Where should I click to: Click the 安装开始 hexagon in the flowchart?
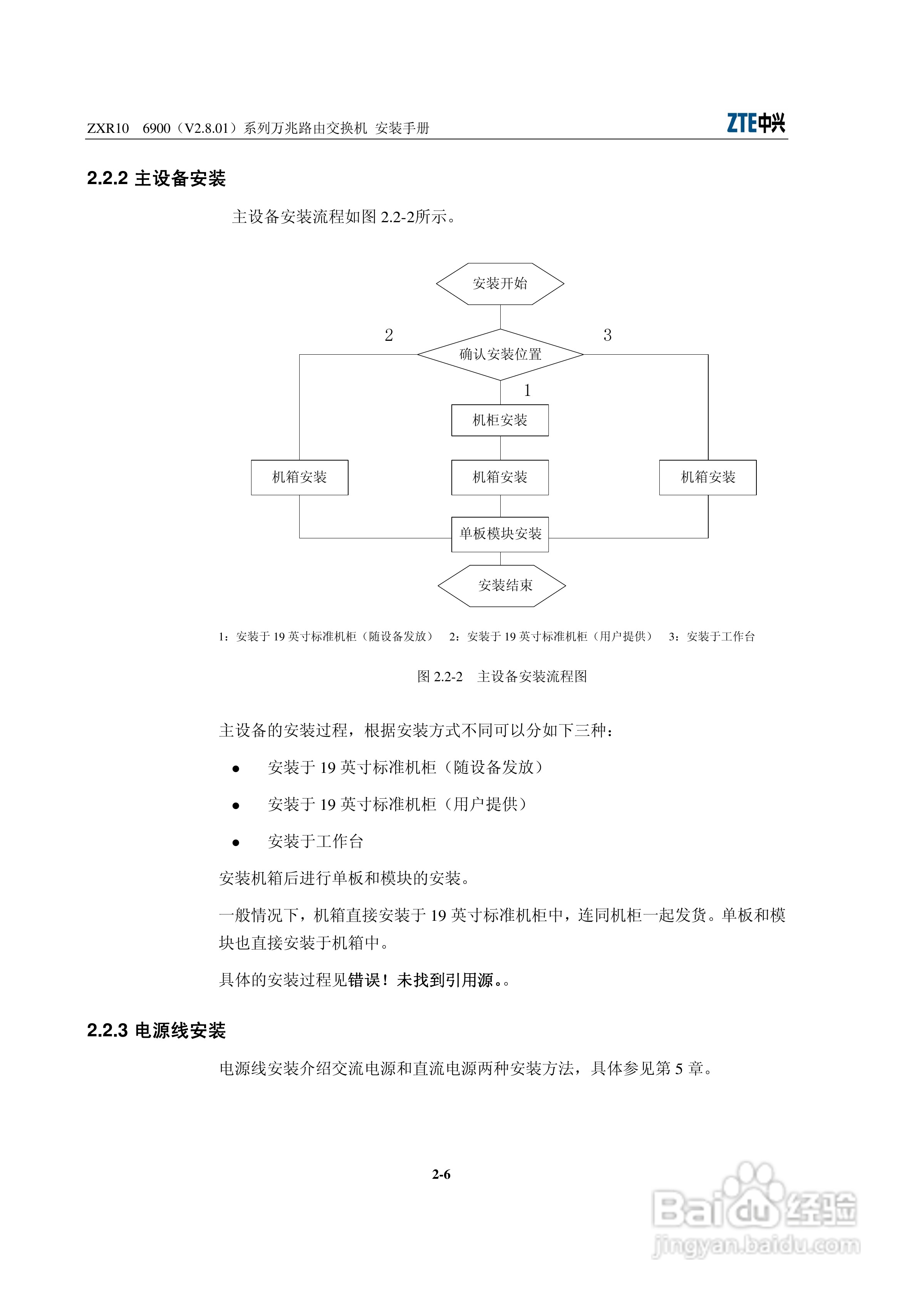(x=500, y=283)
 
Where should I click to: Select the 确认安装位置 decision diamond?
(x=500, y=355)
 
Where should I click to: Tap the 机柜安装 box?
(x=500, y=420)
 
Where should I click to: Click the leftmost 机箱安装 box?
(x=300, y=478)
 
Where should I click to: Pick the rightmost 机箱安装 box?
(x=707, y=478)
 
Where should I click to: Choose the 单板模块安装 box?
(x=500, y=534)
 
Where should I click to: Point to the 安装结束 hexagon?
(x=502, y=586)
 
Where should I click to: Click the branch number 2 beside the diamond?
(x=389, y=335)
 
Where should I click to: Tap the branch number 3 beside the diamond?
(x=607, y=335)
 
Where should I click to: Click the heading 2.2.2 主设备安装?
(x=156, y=179)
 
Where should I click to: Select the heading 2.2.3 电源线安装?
(x=156, y=1031)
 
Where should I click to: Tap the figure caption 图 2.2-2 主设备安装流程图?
(x=502, y=676)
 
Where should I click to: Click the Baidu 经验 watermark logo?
(x=755, y=1215)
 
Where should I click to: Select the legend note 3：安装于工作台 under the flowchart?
(x=711, y=637)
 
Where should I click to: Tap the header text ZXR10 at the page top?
(x=108, y=129)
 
